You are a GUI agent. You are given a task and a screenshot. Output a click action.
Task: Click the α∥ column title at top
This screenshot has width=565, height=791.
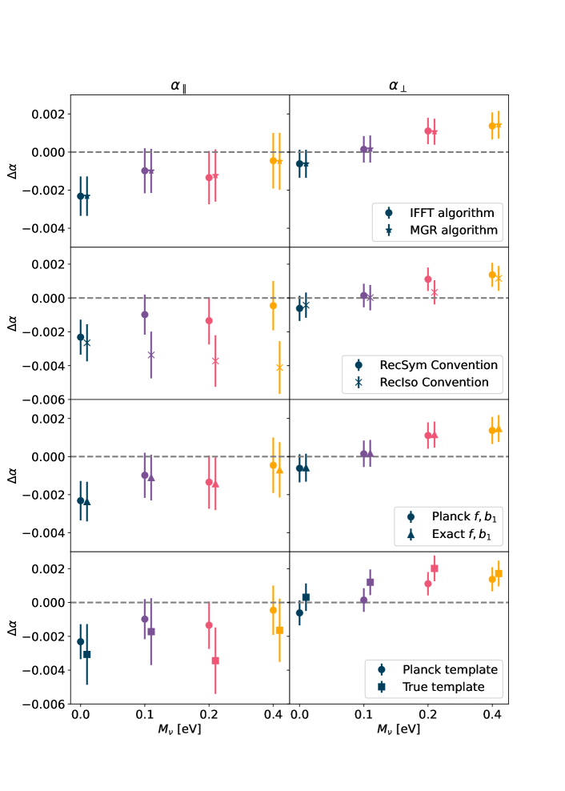179,85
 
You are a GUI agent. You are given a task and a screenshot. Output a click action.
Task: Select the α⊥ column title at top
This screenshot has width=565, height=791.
398,85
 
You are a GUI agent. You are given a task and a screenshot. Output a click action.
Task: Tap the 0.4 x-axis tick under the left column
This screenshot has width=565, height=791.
273,713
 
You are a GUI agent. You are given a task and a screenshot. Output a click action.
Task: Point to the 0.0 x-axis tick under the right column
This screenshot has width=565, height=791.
299,713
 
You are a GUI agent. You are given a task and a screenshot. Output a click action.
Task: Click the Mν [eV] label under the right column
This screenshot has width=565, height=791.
398,729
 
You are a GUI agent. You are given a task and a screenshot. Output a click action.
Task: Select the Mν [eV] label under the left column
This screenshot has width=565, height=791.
179,729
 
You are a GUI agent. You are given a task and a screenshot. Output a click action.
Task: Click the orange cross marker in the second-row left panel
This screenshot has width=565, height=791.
279,367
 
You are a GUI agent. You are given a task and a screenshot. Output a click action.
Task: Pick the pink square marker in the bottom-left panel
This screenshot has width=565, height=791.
215,661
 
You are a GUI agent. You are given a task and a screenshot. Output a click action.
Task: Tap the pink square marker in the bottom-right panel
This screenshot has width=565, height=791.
435,568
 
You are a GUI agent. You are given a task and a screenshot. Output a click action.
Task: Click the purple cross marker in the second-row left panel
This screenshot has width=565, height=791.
151,355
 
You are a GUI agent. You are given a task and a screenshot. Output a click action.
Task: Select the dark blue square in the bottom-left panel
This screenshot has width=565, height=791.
87,655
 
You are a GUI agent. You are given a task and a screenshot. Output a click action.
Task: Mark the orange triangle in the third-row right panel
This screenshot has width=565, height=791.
499,429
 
